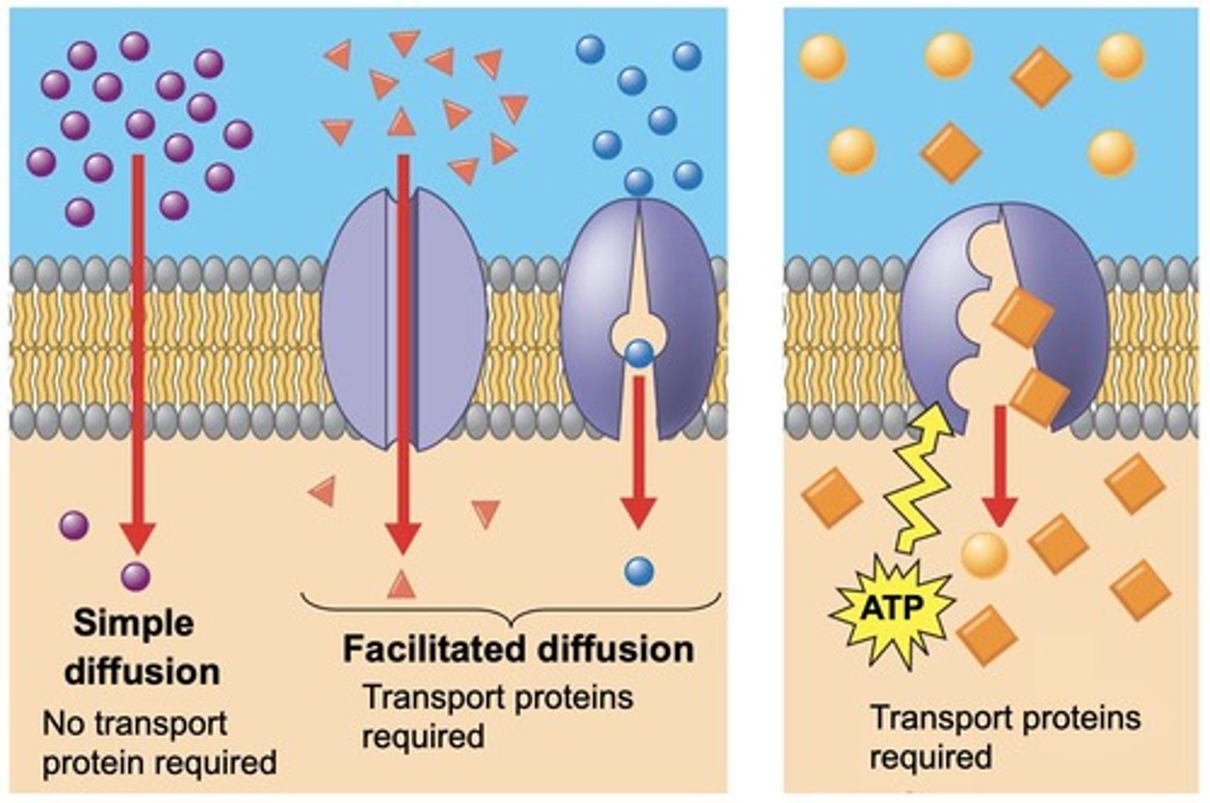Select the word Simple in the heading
134,623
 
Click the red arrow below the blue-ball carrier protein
639,454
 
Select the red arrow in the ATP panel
1000,466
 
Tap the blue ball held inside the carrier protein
639,354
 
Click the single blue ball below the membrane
639,572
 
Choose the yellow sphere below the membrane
984,554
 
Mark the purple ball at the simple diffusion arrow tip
135,577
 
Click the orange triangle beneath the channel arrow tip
402,584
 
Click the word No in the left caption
60,723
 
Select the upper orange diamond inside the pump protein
1023,317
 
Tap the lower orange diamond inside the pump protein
1039,396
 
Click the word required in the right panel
930,757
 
